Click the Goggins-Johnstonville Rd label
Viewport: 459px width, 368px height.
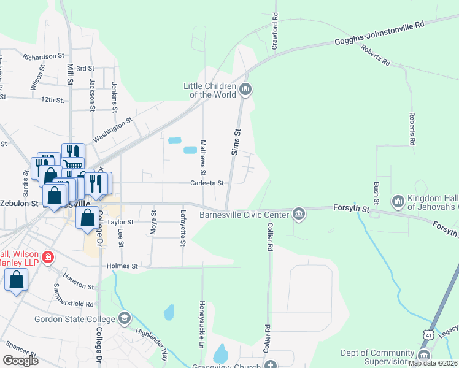pos(380,34)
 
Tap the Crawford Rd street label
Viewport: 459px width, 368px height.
pos(275,31)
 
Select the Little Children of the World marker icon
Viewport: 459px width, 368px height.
pos(246,90)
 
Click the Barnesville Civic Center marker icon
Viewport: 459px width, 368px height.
pos(298,214)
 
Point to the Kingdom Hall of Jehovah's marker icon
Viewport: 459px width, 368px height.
pos(398,201)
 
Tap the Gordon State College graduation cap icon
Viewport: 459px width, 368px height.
pos(125,318)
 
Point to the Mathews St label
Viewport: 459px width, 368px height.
pos(204,155)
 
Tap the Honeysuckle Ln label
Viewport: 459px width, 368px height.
pos(201,322)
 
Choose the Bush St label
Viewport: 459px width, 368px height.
pos(376,193)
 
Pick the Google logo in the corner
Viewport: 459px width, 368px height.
pos(20,360)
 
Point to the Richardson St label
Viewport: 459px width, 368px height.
pos(44,56)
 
